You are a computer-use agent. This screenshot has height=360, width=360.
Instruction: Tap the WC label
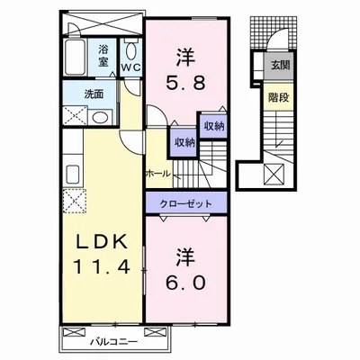(x=130, y=67)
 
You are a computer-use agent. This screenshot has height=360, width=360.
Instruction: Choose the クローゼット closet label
(x=186, y=203)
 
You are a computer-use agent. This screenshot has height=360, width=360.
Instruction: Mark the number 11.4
(x=103, y=267)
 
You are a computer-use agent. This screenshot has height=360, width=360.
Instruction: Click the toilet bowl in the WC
(x=130, y=47)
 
